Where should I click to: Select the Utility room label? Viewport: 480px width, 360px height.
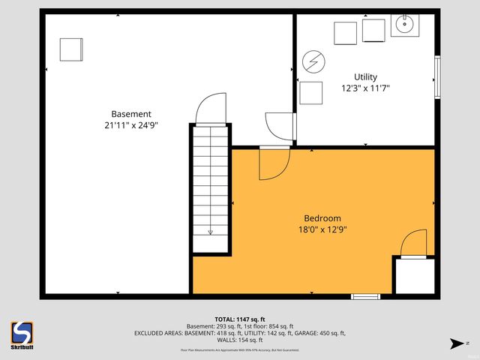point(365,76)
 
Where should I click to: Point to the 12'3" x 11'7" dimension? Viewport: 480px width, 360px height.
point(365,88)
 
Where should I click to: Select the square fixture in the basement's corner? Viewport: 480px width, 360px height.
point(71,49)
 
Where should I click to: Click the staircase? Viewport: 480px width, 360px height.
point(211,187)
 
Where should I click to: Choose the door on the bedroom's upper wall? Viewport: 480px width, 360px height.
point(274,163)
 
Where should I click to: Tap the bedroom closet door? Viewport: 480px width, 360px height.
point(413,244)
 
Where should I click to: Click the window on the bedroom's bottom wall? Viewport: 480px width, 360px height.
point(366,297)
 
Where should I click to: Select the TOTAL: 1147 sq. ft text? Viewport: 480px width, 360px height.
point(240,318)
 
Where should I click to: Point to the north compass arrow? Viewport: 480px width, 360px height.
point(454,344)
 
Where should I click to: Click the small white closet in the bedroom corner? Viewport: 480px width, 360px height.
point(414,276)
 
